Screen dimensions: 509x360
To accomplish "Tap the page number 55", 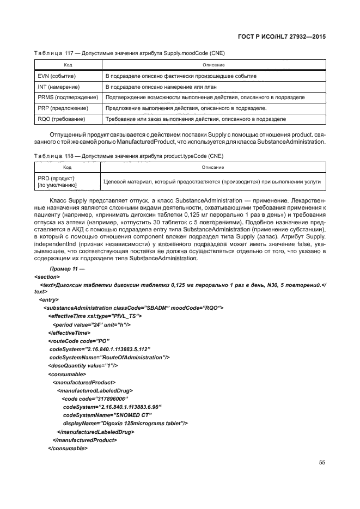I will pyautogui.click(x=322, y=463).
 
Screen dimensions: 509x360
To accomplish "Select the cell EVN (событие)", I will pyautogui.click(x=56, y=76).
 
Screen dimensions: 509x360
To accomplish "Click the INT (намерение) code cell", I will pyautogui.click(x=57, y=87).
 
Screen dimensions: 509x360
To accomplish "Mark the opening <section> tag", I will pyautogui.click(x=46, y=277).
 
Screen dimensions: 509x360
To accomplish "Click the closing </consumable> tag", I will pyautogui.click(x=68, y=448).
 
